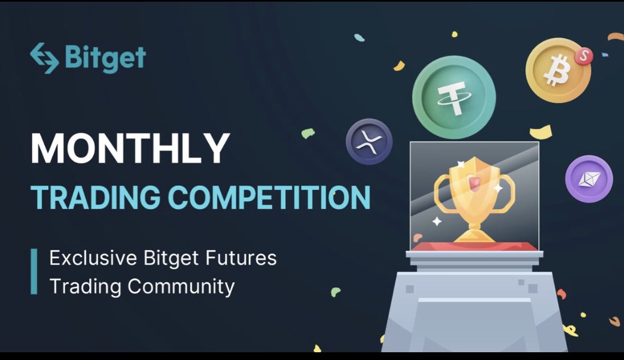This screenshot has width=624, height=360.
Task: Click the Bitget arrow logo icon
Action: pyautogui.click(x=44, y=58)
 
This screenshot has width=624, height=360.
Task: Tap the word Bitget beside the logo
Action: pyautogui.click(x=105, y=58)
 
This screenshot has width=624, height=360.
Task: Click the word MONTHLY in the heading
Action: pyautogui.click(x=130, y=148)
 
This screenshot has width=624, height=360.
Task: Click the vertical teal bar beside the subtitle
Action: pyautogui.click(x=34, y=272)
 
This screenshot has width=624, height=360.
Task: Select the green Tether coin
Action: pyautogui.click(x=454, y=97)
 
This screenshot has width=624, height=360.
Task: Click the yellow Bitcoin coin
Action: pyautogui.click(x=557, y=70)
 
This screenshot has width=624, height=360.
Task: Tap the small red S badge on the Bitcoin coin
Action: pyautogui.click(x=584, y=55)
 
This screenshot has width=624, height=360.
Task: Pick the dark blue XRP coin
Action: pyautogui.click(x=369, y=141)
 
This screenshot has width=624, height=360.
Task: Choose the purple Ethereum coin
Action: pyautogui.click(x=589, y=179)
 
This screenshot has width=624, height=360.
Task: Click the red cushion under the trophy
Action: pyautogui.click(x=474, y=246)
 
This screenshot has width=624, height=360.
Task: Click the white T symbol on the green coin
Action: pyautogui.click(x=453, y=99)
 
